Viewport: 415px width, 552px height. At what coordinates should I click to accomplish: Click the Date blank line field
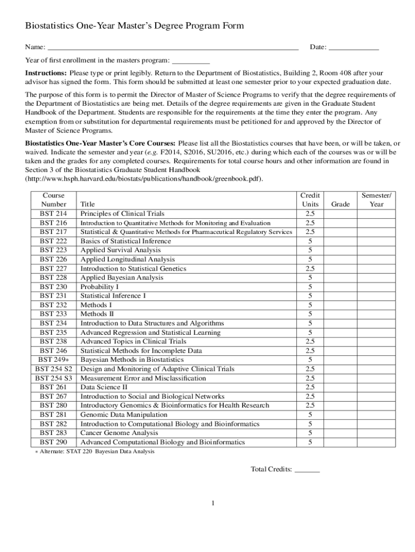point(354,47)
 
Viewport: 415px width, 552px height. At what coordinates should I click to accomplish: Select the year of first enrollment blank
point(191,60)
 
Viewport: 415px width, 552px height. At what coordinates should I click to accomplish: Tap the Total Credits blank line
point(307,470)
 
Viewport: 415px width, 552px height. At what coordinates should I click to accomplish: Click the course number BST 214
point(53,213)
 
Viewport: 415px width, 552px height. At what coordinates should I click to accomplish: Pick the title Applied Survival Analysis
point(120,250)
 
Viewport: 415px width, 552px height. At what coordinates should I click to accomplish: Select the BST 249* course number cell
point(53,360)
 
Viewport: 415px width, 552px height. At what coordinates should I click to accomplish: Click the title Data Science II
point(104,387)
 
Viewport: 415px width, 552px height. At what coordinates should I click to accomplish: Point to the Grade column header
point(341,204)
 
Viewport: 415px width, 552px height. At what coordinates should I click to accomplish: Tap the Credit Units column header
point(310,199)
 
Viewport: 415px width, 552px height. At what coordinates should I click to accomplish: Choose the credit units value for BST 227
point(310,268)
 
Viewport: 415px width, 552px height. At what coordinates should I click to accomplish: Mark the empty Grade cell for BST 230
point(341,287)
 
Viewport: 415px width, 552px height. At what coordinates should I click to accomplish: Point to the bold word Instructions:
point(46,73)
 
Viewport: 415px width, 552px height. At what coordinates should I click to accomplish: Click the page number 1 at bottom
point(213,503)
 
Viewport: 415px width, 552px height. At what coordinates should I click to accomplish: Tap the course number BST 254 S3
point(53,378)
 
